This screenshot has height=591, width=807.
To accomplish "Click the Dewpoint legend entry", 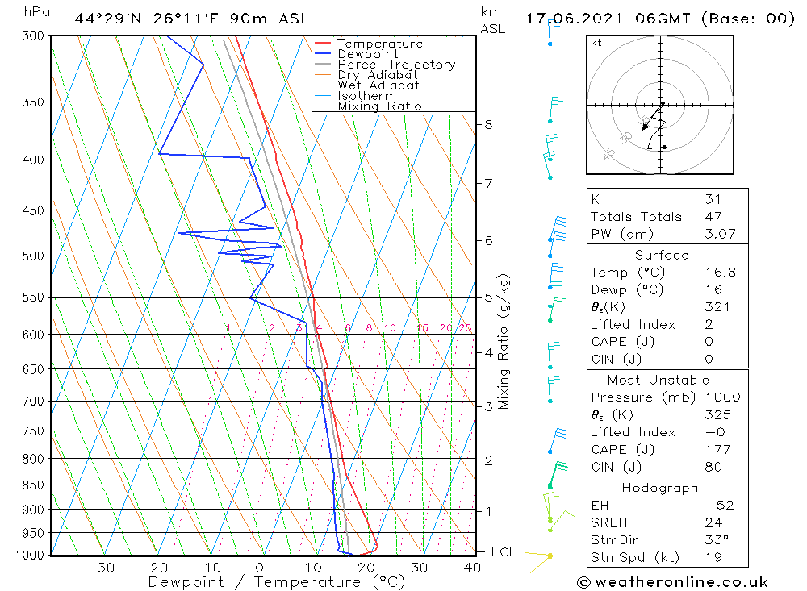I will click(x=368, y=54).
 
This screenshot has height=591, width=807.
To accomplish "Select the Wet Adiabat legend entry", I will click(x=378, y=85).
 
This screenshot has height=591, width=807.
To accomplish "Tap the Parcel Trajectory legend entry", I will click(x=396, y=65).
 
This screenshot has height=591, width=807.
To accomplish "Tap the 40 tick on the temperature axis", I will click(x=472, y=568).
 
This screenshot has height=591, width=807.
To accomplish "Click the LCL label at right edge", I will click(x=504, y=552).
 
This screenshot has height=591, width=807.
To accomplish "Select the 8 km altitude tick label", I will click(x=489, y=125).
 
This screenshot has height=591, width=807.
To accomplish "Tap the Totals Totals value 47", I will click(x=713, y=217).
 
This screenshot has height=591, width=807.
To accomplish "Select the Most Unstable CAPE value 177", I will click(x=715, y=450).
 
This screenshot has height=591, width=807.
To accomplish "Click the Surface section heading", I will click(x=662, y=256).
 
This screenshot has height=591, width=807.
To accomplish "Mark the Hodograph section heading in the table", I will click(x=661, y=489).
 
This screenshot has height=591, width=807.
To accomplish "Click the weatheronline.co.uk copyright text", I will click(x=672, y=582).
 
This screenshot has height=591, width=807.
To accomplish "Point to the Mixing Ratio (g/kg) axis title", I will click(x=504, y=342).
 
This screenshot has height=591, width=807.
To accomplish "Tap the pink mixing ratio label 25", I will click(x=465, y=328).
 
